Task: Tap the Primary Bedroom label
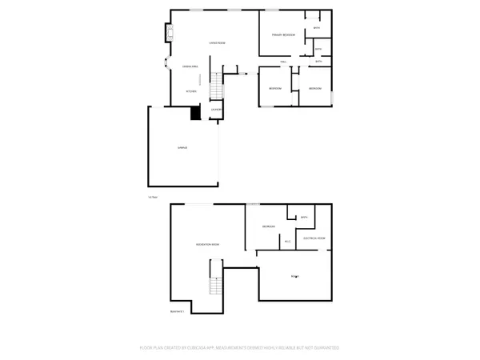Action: click(283, 35)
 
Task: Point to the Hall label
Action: click(283, 61)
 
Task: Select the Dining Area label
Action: click(190, 66)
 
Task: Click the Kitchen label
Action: click(191, 91)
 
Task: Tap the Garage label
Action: click(182, 150)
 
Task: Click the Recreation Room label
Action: click(208, 243)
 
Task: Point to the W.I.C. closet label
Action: click(287, 241)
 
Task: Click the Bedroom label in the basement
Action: click(269, 227)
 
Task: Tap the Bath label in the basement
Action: click(304, 217)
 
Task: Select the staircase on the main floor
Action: click(216, 83)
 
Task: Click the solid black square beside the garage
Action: click(194, 113)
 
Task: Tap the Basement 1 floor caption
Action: click(177, 310)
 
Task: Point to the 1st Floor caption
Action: click(153, 197)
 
